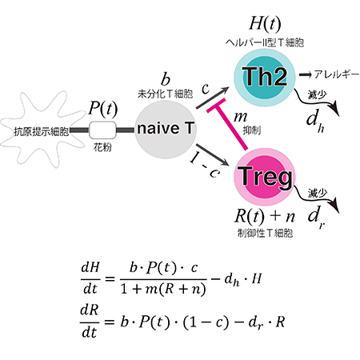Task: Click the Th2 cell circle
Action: point(265,78)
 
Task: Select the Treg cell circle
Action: point(265,178)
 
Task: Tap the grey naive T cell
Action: point(166,130)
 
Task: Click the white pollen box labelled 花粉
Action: point(102,130)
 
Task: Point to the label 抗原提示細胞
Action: point(41,132)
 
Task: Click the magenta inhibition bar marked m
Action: point(230,125)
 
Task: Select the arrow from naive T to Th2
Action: point(213,98)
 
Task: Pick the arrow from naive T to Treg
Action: point(213,155)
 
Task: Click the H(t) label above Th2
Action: point(265,23)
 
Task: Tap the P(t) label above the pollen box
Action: point(102,109)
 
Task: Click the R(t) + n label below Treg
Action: point(265,216)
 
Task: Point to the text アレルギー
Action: point(337,74)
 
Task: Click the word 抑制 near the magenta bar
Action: point(252,130)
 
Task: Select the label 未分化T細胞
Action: point(166,94)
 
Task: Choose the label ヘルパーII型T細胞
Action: point(265,42)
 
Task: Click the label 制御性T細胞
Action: point(265,234)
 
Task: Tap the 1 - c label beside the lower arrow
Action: point(206,166)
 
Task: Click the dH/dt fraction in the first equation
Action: point(90,278)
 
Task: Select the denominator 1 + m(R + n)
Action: point(163,289)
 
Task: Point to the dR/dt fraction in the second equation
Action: point(90,322)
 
